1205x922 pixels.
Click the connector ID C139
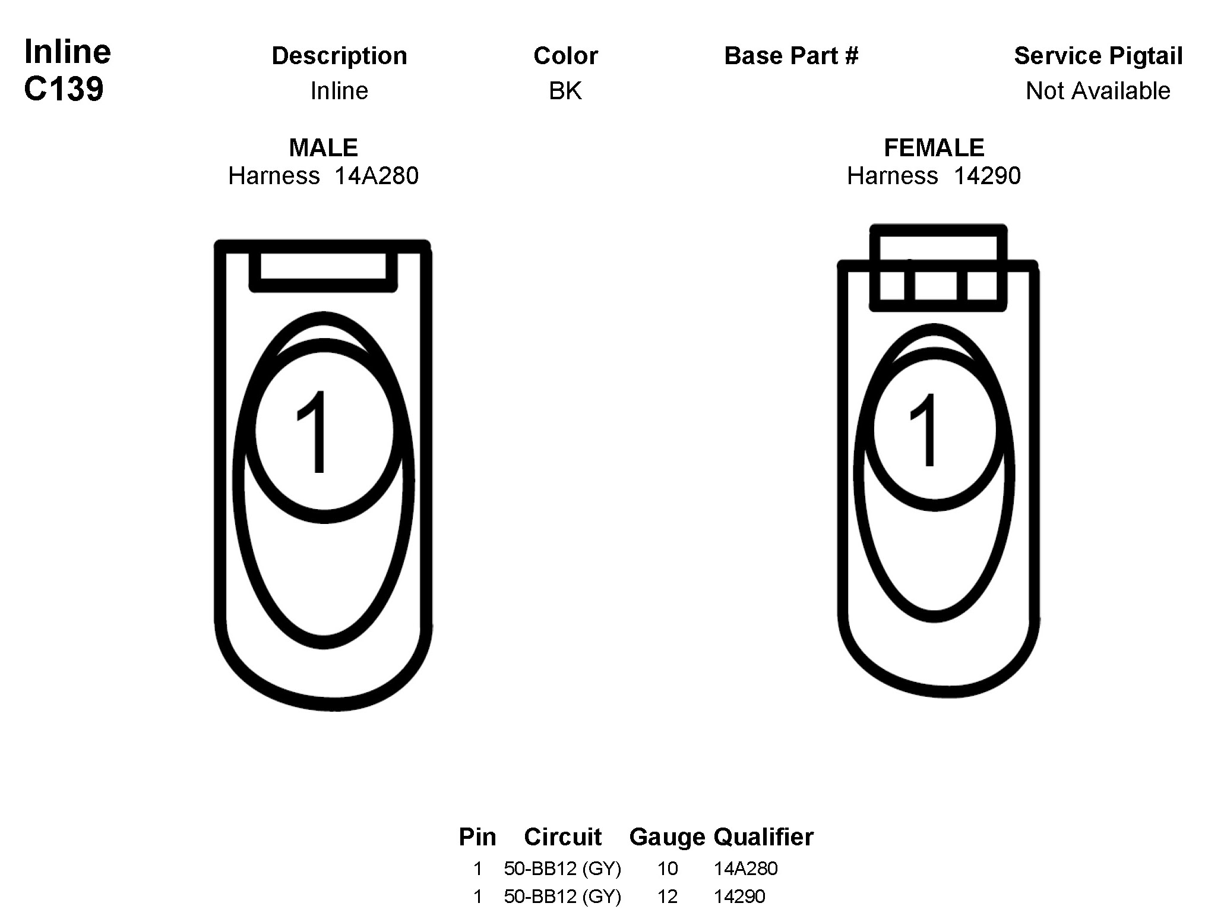64,89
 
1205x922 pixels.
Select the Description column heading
339,56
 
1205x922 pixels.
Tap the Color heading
565,56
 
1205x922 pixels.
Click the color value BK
565,91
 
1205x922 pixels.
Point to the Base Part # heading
791,56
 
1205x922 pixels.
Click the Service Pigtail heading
1098,56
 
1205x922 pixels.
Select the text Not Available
1098,91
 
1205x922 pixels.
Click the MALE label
323,147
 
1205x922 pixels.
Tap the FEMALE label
934,147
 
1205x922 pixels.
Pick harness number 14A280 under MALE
376,176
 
